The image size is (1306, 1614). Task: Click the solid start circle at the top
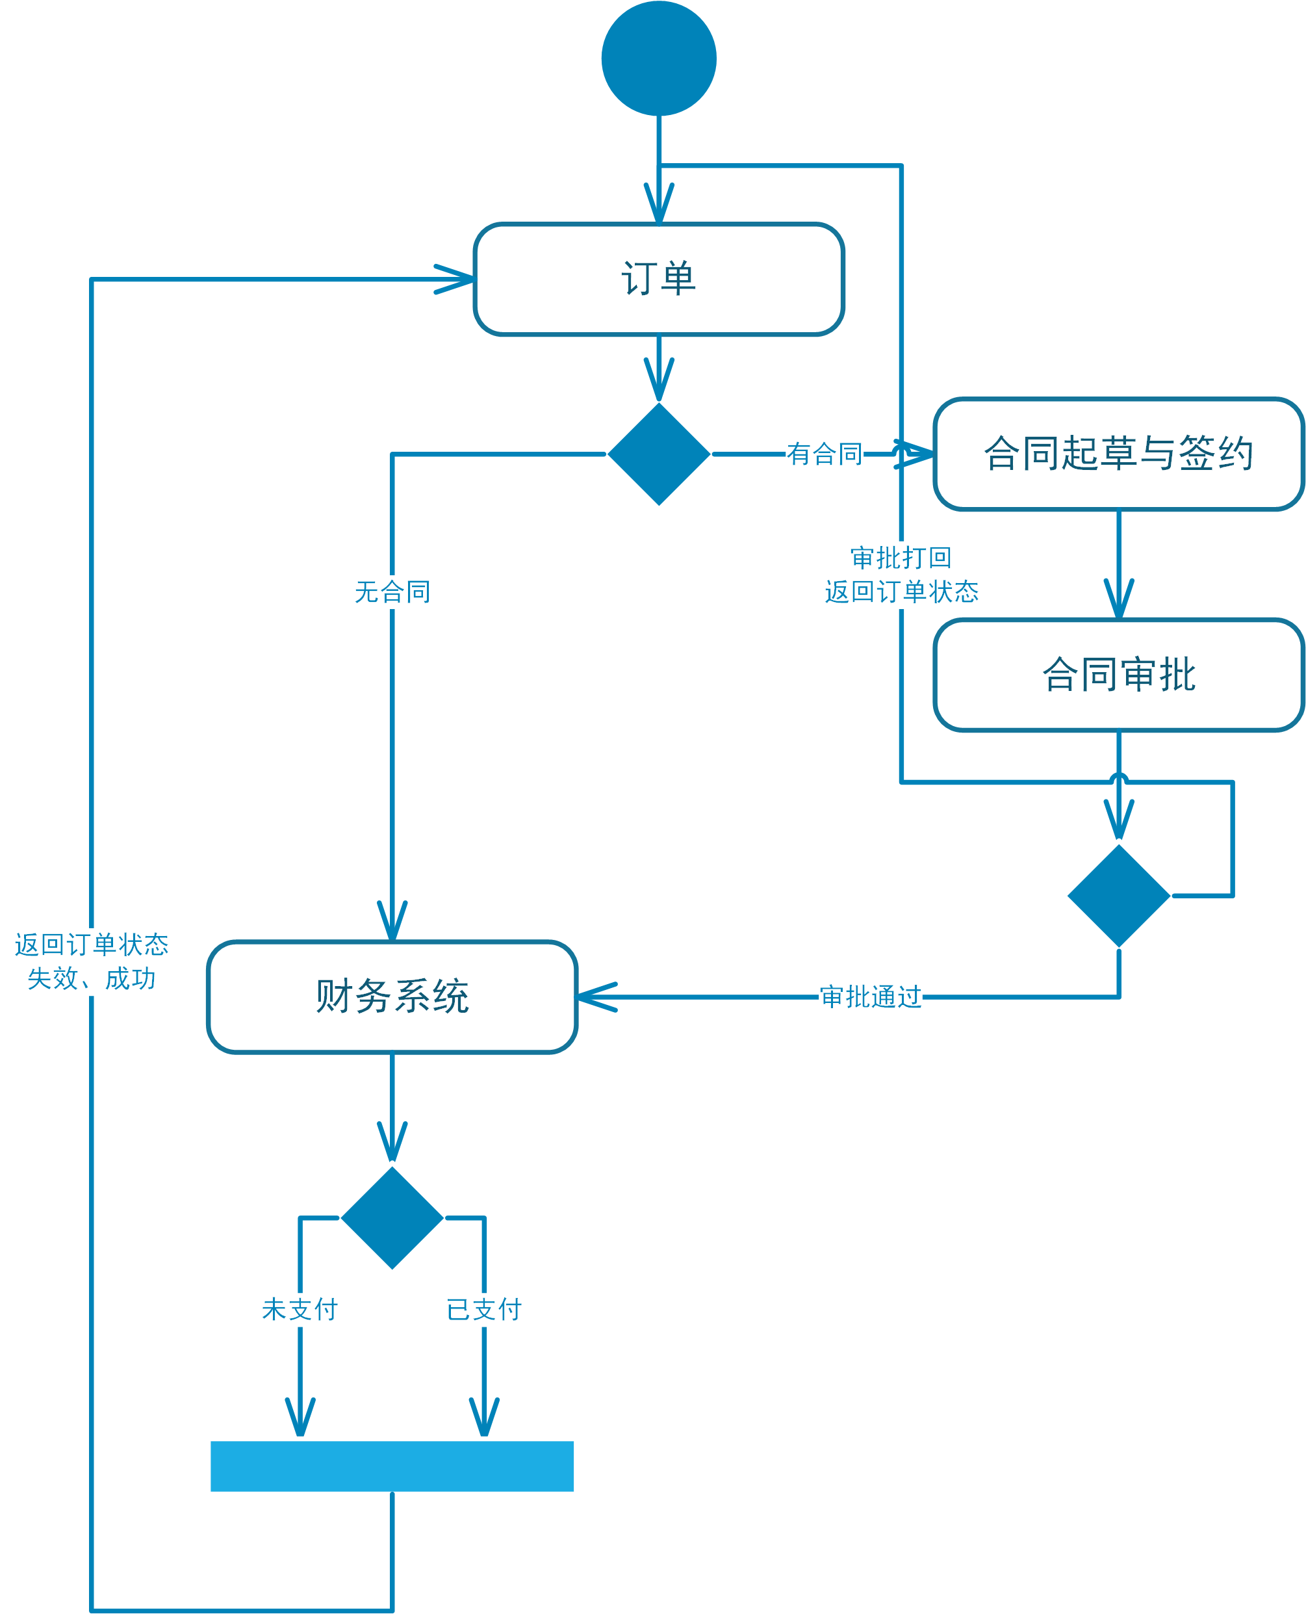point(658,59)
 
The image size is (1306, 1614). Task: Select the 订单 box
point(658,279)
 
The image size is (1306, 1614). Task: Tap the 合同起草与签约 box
point(1119,454)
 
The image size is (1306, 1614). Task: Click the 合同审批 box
point(1119,675)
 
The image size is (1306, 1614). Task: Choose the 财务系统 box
point(392,997)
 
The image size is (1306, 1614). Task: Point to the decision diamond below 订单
point(658,454)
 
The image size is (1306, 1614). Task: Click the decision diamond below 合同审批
point(1119,896)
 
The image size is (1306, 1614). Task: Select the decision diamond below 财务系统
point(392,1217)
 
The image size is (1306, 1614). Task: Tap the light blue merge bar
point(392,1466)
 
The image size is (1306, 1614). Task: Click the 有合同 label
point(825,454)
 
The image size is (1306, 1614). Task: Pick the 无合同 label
point(392,592)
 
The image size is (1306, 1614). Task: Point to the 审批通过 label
point(871,997)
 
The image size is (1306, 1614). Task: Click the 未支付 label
point(300,1309)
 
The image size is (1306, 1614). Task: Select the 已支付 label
point(483,1309)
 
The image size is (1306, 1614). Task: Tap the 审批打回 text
point(901,558)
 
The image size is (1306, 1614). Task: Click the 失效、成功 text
point(91,978)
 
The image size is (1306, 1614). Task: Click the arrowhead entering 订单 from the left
point(454,279)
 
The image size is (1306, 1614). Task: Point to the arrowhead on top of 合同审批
point(1119,599)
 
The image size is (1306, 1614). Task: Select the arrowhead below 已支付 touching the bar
point(483,1418)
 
